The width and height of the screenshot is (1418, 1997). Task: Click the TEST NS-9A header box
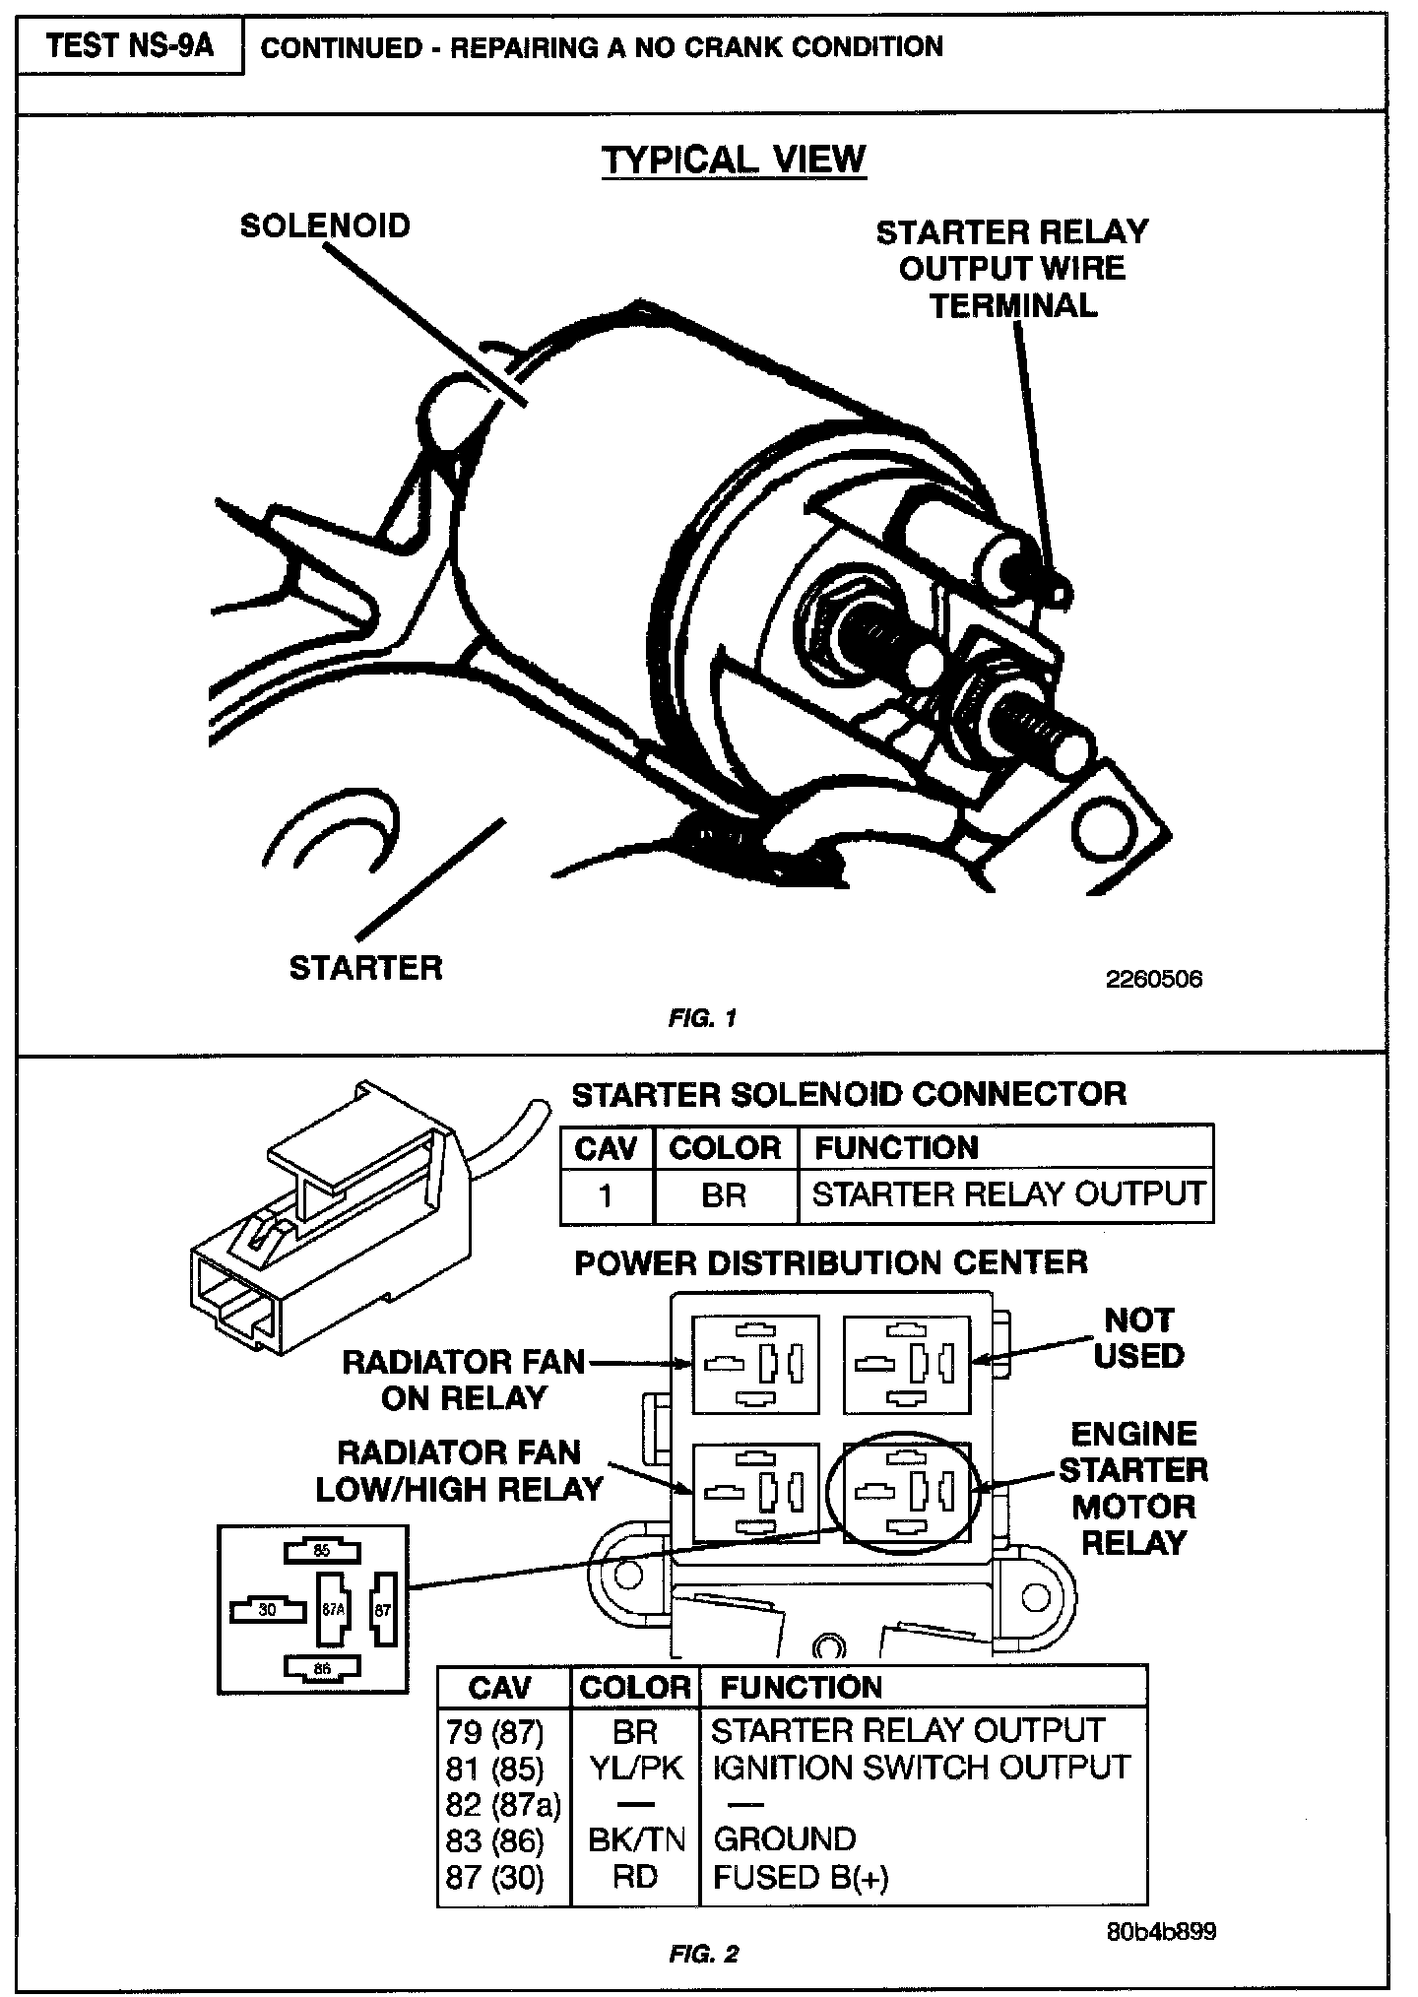pyautogui.click(x=130, y=46)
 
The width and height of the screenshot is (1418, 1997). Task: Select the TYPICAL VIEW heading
pyautogui.click(x=734, y=160)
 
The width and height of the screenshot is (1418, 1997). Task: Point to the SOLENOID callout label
pyautogui.click(x=325, y=226)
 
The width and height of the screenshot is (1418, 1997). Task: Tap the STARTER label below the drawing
pyautogui.click(x=365, y=968)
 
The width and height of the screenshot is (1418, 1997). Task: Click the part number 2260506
pyautogui.click(x=1154, y=979)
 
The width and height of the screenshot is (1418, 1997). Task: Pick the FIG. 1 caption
pyautogui.click(x=701, y=1018)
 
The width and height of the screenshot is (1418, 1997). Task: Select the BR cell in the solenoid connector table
pyautogui.click(x=724, y=1194)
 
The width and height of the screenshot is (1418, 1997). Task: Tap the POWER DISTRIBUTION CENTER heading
pyautogui.click(x=831, y=1262)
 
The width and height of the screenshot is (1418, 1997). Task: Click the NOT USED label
pyautogui.click(x=1138, y=1338)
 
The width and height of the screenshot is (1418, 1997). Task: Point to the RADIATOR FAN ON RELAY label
pyautogui.click(x=464, y=1380)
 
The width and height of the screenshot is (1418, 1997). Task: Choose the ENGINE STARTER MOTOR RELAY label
pyautogui.click(x=1133, y=1488)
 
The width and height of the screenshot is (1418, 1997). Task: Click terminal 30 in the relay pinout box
pyautogui.click(x=267, y=1611)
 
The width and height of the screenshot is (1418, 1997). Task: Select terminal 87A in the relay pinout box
pyautogui.click(x=333, y=1610)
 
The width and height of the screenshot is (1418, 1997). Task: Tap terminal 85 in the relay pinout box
pyautogui.click(x=321, y=1551)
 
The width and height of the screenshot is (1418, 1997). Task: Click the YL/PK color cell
pyautogui.click(x=635, y=1768)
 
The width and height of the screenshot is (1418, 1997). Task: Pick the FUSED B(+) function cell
pyautogui.click(x=801, y=1877)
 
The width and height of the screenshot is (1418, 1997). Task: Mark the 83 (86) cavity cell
pyautogui.click(x=494, y=1839)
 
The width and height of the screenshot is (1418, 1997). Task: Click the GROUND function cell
pyautogui.click(x=784, y=1839)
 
